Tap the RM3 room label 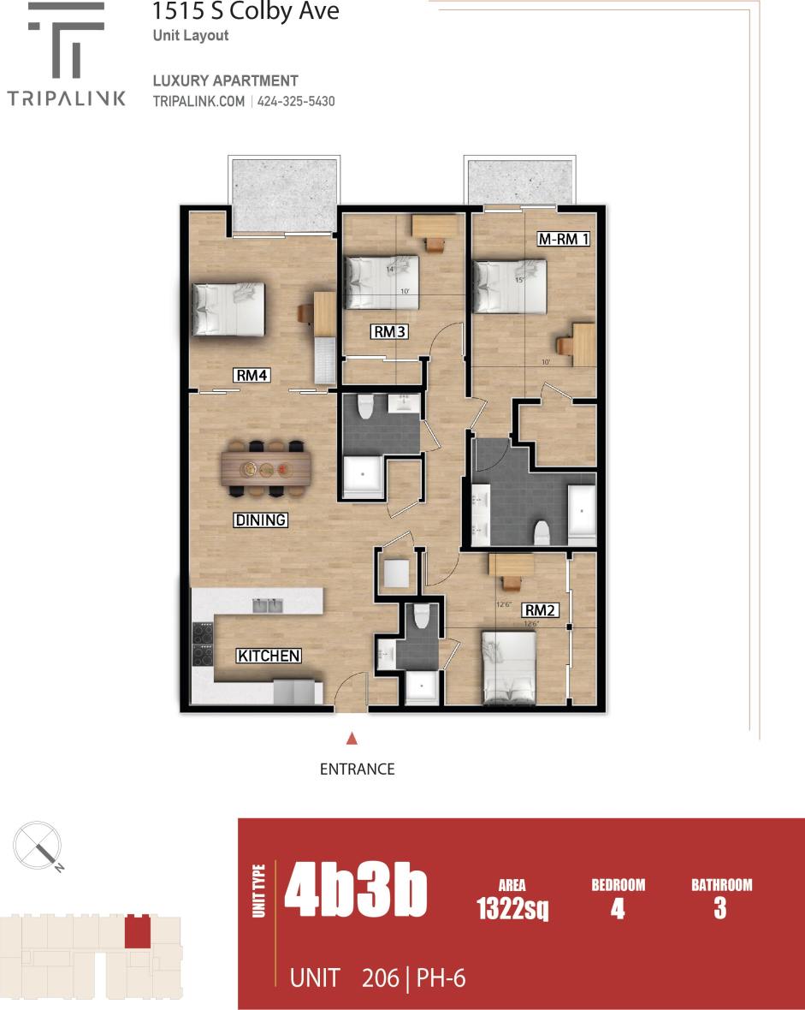click(388, 331)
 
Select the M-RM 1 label click(563, 239)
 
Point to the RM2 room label click(541, 610)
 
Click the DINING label click(260, 520)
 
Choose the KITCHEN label click(269, 656)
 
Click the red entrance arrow click(351, 738)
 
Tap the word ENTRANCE click(357, 769)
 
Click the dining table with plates click(266, 468)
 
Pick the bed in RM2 click(509, 667)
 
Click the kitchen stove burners click(203, 645)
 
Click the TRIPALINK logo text click(67, 98)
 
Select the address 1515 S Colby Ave click(246, 12)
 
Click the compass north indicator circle click(37, 843)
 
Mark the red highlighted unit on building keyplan click(135, 931)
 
